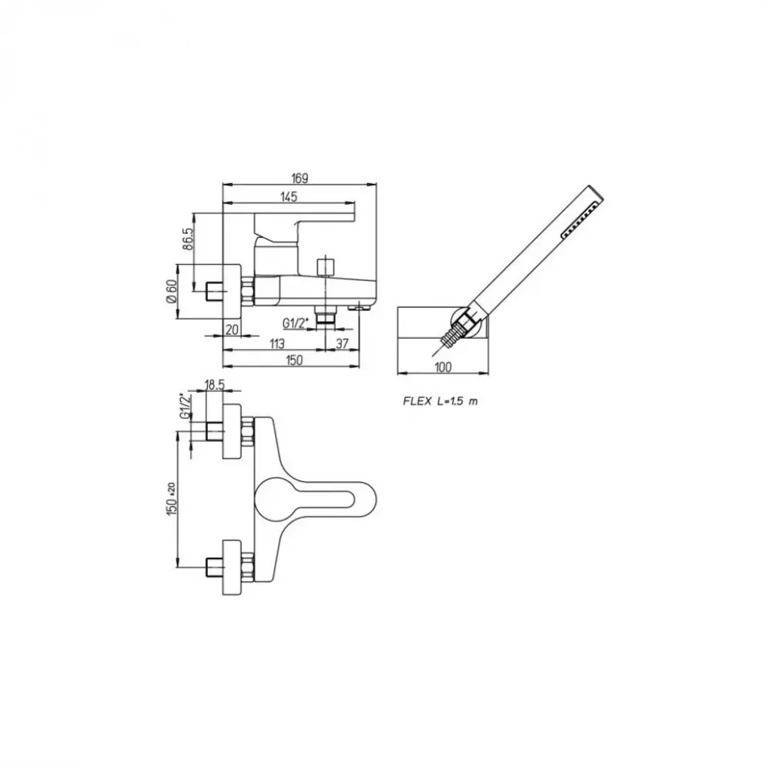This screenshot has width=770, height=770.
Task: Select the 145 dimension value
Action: tap(289, 197)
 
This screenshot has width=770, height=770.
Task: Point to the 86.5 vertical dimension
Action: tap(188, 239)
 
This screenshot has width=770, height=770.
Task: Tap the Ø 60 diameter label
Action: tap(171, 292)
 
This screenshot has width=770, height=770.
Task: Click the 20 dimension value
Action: tap(232, 329)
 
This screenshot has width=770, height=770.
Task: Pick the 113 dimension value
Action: tap(277, 343)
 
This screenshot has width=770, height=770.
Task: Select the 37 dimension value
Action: tap(343, 343)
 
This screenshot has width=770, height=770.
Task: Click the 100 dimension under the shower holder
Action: tap(443, 367)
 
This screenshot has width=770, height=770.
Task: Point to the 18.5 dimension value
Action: tap(214, 385)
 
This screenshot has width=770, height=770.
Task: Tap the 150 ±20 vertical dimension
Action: tap(171, 498)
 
